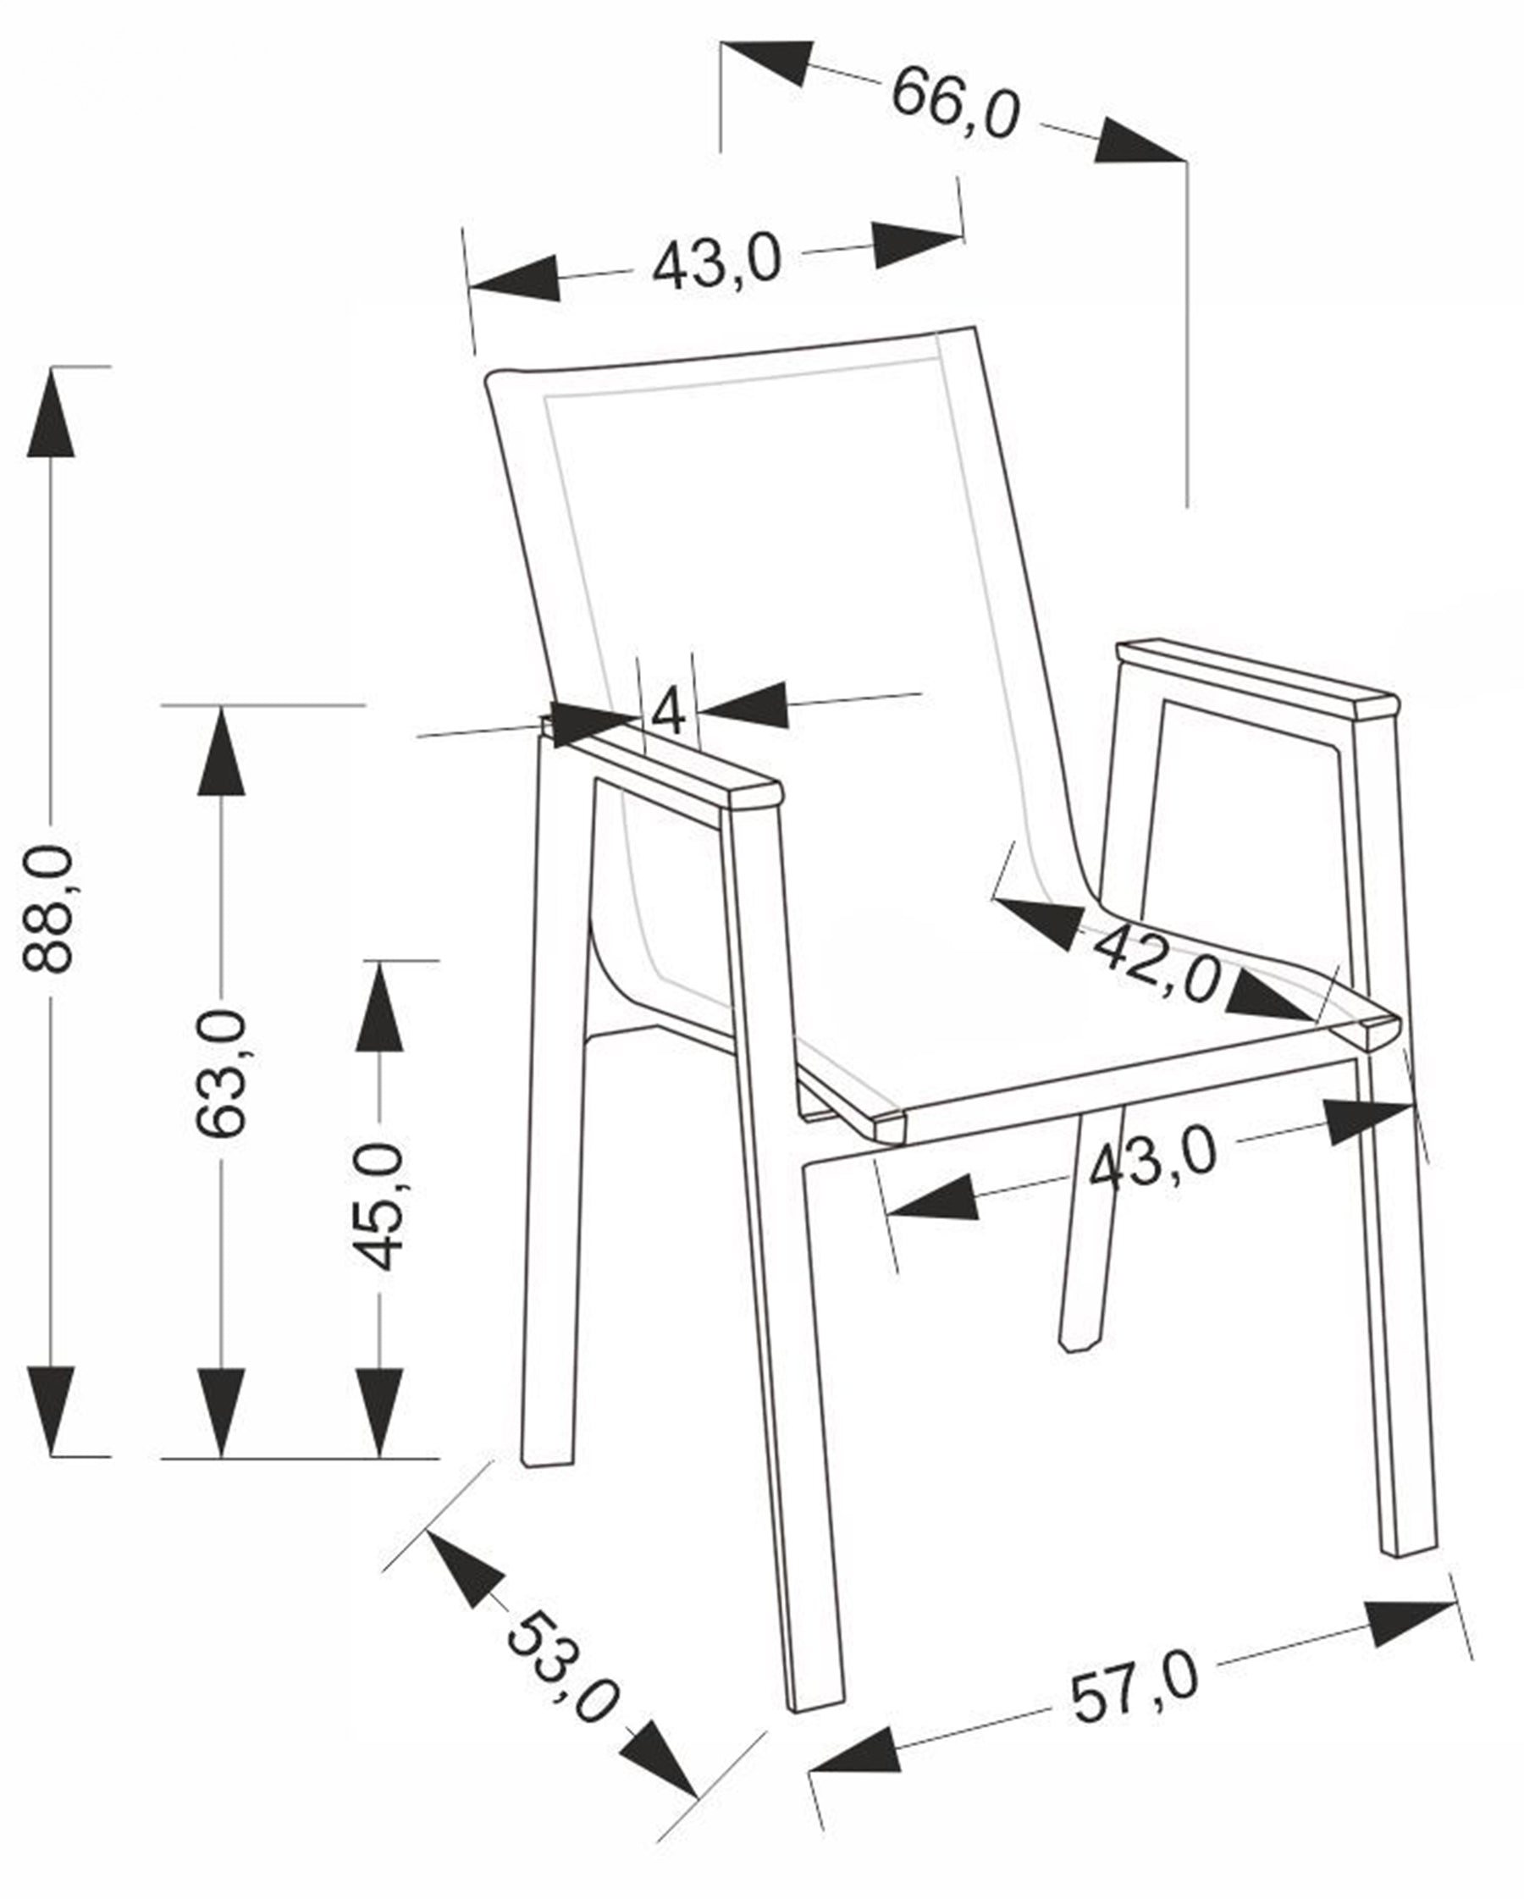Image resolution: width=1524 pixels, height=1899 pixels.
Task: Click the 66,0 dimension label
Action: [955, 105]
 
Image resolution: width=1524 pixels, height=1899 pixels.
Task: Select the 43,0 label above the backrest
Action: [716, 262]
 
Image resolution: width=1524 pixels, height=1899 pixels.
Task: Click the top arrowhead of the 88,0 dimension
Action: [51, 412]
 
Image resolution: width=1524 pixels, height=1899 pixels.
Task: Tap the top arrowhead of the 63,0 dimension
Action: [221, 751]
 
